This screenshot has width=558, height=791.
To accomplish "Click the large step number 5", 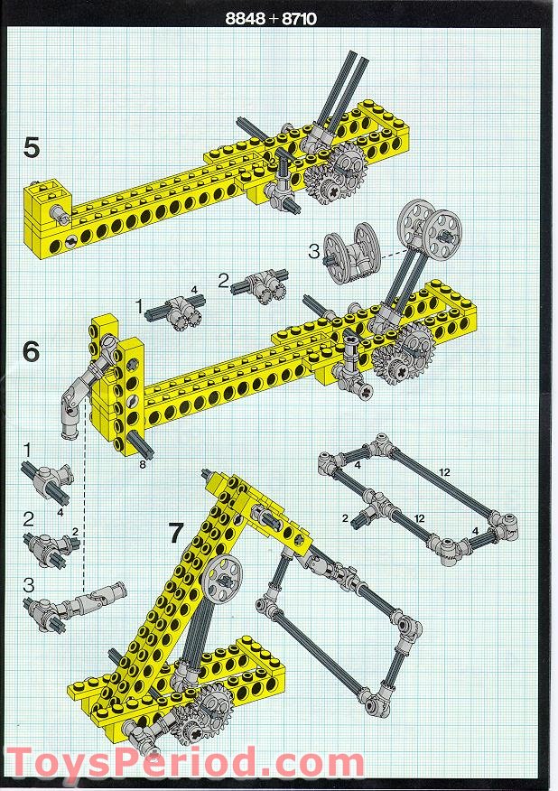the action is (32, 148).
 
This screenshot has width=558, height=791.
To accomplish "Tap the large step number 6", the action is (32, 351).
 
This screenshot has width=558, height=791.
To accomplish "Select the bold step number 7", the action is (175, 534).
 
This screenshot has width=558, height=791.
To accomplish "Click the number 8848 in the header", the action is (245, 19).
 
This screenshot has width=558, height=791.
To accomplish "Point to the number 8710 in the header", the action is (299, 19).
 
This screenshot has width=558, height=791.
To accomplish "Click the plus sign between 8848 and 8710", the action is (273, 19).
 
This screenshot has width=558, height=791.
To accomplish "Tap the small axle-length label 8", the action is (143, 465).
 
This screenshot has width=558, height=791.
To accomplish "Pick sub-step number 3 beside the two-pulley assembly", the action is (314, 251).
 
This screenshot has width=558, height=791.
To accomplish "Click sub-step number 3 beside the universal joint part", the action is (29, 586).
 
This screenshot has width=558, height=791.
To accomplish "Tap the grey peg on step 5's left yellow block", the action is (59, 215).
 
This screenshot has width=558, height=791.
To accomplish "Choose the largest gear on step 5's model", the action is (348, 165).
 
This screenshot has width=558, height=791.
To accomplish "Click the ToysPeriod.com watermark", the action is (185, 762).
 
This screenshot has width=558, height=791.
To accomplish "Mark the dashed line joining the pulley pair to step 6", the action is (395, 255).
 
